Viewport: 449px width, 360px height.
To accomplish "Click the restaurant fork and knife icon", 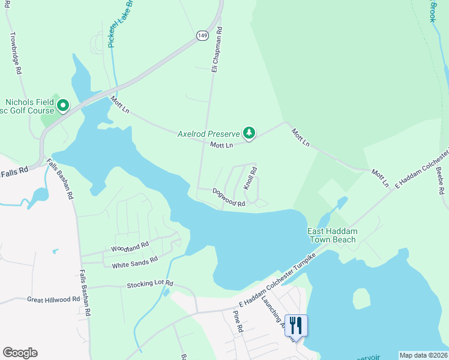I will [x=296, y=325].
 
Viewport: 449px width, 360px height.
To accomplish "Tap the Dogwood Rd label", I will [x=229, y=197].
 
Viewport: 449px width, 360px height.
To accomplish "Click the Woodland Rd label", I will [x=130, y=247].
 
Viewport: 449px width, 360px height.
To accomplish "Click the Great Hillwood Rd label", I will [x=53, y=299].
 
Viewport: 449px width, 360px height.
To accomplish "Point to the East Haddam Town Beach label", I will [x=331, y=236].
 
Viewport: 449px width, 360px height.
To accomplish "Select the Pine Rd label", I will [x=237, y=322].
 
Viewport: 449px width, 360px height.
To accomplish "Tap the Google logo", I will [x=20, y=353].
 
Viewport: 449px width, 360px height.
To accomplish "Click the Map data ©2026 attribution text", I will [x=423, y=355].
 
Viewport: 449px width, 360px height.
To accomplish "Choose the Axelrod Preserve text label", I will [x=208, y=133].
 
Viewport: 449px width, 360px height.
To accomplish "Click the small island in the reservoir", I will [x=361, y=298].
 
